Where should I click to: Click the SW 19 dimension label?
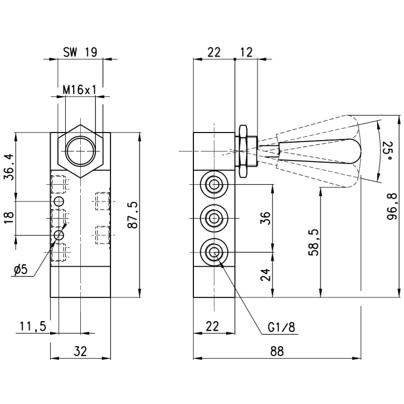point(80,52)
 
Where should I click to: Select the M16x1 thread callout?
point(80,90)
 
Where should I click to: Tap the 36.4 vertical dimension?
point(9,166)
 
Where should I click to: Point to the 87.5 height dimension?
point(133,215)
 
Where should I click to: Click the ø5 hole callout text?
point(20,270)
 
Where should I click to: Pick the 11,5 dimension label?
point(33,326)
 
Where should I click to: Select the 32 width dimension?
point(80,351)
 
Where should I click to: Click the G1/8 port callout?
point(281,327)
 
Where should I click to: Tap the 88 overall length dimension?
point(277,351)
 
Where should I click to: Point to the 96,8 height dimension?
point(393,206)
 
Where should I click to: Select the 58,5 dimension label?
point(314,242)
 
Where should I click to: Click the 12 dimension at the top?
point(246,52)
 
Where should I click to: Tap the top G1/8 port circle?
point(214,184)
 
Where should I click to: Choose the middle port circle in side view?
point(214,219)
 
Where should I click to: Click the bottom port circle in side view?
point(214,252)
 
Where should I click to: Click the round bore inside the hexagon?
point(80,151)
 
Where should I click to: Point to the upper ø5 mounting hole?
point(59,201)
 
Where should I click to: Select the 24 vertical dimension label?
point(265,275)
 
